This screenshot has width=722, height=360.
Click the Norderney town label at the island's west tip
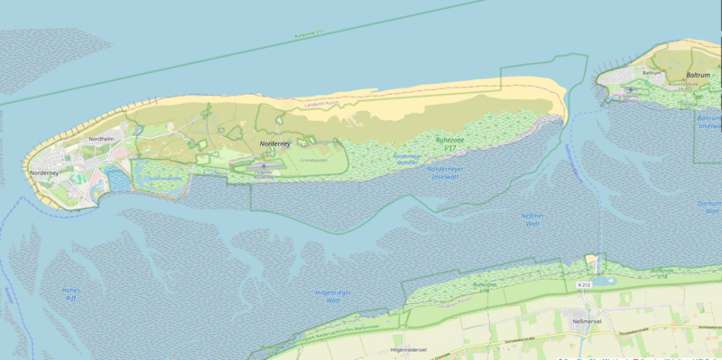coord(43,172)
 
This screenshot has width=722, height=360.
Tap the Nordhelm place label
coord(102,139)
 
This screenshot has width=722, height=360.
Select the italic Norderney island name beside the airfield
coord(276,143)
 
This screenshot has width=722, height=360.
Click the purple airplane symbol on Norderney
coord(264,166)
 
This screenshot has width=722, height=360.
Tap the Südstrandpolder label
coord(165,178)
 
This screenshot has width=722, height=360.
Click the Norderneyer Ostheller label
coord(407,159)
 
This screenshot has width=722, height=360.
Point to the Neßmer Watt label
coord(533,220)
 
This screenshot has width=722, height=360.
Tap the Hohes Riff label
coord(70,295)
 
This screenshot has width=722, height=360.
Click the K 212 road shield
coord(583,285)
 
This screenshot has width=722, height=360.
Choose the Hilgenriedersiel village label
coord(408,348)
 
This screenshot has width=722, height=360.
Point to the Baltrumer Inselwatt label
coord(709,122)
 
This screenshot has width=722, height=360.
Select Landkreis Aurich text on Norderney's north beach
coord(323,102)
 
